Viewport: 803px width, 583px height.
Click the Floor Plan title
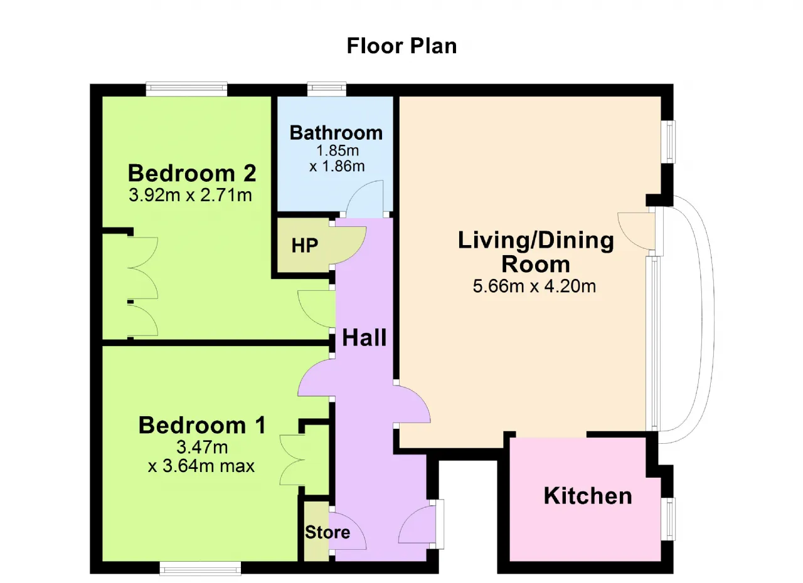coord(402,46)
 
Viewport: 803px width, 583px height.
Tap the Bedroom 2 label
coord(192,173)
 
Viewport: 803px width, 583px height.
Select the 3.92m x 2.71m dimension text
coord(190,195)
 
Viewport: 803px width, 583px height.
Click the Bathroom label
coord(336,134)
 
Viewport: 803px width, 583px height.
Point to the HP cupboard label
coord(305,246)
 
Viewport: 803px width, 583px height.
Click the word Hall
coord(364,338)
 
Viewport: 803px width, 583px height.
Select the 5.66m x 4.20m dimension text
coord(534,286)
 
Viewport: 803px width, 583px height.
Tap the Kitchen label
coord(588,496)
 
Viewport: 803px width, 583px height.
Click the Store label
coord(327,532)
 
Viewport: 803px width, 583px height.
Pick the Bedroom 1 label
coord(202,426)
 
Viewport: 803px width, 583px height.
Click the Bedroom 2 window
coord(186,89)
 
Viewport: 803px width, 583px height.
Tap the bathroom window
coord(327,89)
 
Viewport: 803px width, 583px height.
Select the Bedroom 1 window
coord(200,568)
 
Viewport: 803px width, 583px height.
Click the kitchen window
coord(668,519)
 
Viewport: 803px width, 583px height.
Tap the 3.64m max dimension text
coord(201,466)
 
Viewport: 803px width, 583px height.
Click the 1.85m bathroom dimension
coord(338,150)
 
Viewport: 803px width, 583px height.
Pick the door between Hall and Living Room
coord(412,404)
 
